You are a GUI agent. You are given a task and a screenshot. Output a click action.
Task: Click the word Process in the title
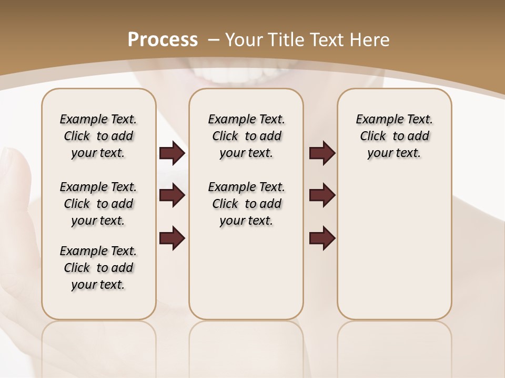coord(163,40)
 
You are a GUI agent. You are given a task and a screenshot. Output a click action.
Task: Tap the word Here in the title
coord(369,40)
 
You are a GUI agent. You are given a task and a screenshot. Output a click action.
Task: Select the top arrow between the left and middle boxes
coord(172,153)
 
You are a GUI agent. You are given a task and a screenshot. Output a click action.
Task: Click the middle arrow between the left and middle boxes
coord(172,195)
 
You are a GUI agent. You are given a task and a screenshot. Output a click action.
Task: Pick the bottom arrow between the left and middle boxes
coord(172,238)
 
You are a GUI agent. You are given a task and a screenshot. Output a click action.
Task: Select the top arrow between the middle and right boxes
coord(322,153)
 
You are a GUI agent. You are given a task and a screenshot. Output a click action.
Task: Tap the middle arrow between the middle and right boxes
coord(322,195)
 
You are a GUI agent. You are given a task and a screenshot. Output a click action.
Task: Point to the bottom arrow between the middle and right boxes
coord(322,238)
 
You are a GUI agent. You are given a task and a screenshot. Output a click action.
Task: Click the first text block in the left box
coord(98,136)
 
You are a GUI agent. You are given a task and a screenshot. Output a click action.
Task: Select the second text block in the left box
coord(98,204)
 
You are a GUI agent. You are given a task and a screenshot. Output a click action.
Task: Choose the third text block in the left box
coord(98,268)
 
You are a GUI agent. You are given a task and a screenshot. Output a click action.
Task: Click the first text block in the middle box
coord(247,136)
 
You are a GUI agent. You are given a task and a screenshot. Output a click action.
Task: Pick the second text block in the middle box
coord(247,204)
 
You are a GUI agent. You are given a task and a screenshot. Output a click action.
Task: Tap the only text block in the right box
coord(395,136)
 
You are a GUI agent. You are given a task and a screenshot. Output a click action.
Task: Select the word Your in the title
coord(245,40)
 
